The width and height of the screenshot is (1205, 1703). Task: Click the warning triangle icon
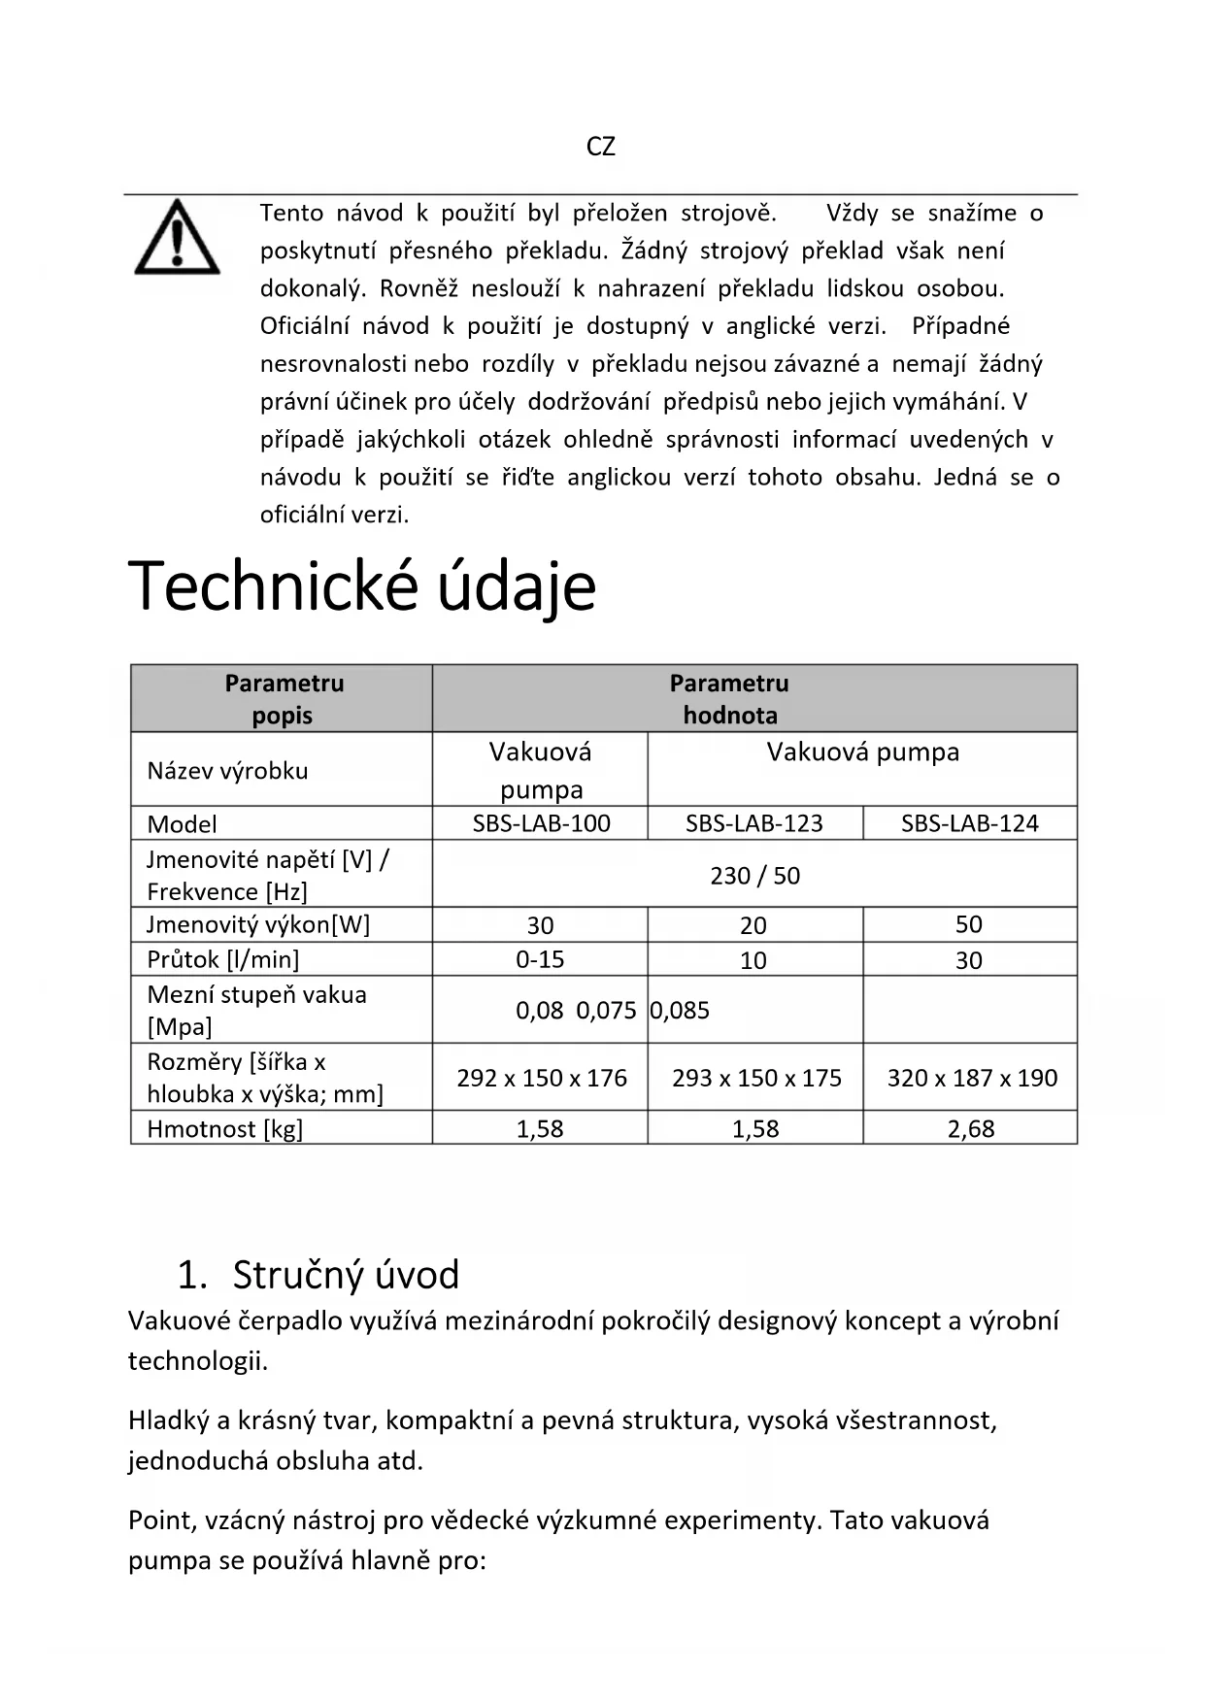click(177, 237)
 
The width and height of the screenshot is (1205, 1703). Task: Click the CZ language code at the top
click(601, 147)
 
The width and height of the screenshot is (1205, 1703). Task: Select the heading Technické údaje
click(361, 587)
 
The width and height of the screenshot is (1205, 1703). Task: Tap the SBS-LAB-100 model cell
click(541, 823)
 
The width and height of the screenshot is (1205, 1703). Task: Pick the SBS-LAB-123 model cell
click(753, 823)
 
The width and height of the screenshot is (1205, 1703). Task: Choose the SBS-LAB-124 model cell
click(969, 823)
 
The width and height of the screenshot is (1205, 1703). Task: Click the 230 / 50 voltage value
click(754, 876)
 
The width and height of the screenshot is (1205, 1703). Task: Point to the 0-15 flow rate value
click(540, 959)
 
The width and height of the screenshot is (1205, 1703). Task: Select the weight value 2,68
click(970, 1128)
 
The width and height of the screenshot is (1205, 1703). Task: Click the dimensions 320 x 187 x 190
click(971, 1078)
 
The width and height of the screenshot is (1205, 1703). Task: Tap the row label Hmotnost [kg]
click(224, 1128)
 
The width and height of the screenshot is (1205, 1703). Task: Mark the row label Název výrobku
click(227, 771)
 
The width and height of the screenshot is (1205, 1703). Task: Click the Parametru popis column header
click(284, 699)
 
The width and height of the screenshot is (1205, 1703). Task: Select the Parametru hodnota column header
click(729, 699)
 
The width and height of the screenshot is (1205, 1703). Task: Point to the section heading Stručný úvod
click(345, 1275)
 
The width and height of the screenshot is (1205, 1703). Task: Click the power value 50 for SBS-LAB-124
click(969, 924)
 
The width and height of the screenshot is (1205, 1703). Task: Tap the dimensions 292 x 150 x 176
click(542, 1078)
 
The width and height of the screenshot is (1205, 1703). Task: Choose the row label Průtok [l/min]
click(222, 959)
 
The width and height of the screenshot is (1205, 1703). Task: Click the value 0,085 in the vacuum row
click(680, 1011)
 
